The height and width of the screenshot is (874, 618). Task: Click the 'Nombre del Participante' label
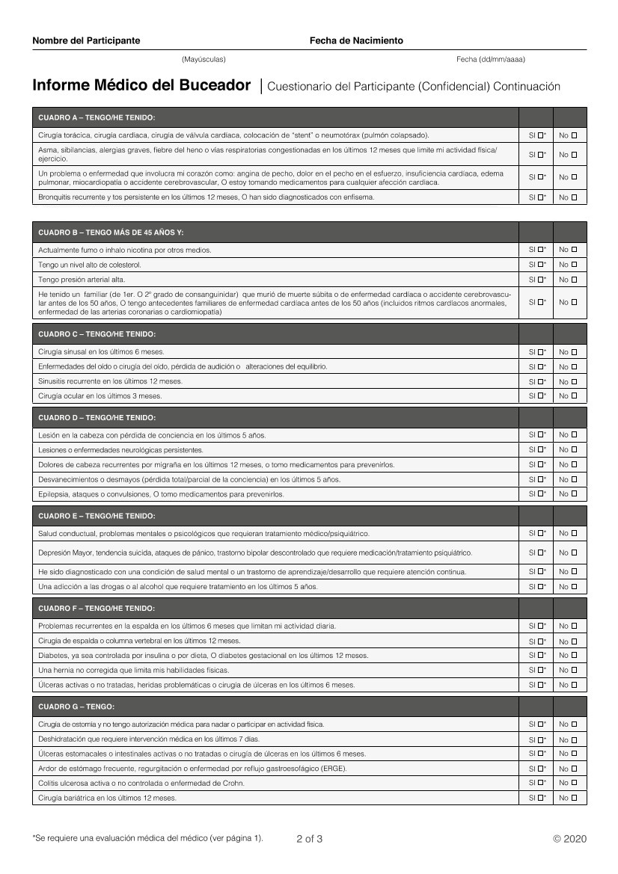pyautogui.click(x=86, y=41)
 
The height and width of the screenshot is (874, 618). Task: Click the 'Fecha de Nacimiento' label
pyautogui.click(x=356, y=41)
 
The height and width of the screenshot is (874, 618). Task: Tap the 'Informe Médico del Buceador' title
pyautogui.click(x=141, y=86)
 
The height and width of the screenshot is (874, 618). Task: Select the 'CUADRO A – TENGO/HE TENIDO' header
pyautogui.click(x=97, y=117)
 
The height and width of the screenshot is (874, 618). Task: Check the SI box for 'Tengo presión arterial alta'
pyautogui.click(x=540, y=280)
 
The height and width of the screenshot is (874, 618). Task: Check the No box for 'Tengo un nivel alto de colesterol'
pyautogui.click(x=575, y=265)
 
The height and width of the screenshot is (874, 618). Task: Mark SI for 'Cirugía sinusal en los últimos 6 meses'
pyautogui.click(x=540, y=351)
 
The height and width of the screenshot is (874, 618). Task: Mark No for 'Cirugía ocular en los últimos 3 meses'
pyautogui.click(x=575, y=396)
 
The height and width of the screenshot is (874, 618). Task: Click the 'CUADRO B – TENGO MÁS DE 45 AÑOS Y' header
pyautogui.click(x=111, y=233)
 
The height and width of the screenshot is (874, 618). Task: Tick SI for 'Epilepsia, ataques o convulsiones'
pyautogui.click(x=540, y=493)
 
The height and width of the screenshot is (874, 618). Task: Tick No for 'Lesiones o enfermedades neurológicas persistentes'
pyautogui.click(x=575, y=449)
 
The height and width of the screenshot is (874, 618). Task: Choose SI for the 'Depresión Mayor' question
pyautogui.click(x=540, y=553)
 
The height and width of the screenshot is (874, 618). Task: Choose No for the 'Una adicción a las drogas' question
pyautogui.click(x=575, y=587)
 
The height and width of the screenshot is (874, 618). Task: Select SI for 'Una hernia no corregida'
pyautogui.click(x=540, y=670)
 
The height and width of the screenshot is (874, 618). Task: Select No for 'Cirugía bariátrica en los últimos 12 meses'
pyautogui.click(x=575, y=798)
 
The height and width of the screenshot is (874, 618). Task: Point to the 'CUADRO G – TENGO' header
pyautogui.click(x=76, y=707)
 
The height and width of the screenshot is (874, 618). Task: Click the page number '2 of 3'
pyautogui.click(x=309, y=839)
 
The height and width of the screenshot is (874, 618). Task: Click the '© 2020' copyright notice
pyautogui.click(x=570, y=839)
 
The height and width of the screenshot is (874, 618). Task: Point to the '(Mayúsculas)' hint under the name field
pyautogui.click(x=204, y=59)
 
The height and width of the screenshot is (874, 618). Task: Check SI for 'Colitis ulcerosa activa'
pyautogui.click(x=540, y=783)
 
